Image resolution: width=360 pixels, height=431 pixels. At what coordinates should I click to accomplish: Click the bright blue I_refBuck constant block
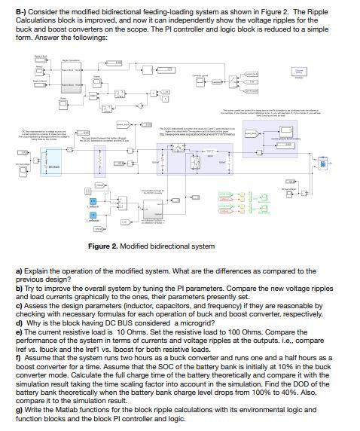[x=93, y=181]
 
